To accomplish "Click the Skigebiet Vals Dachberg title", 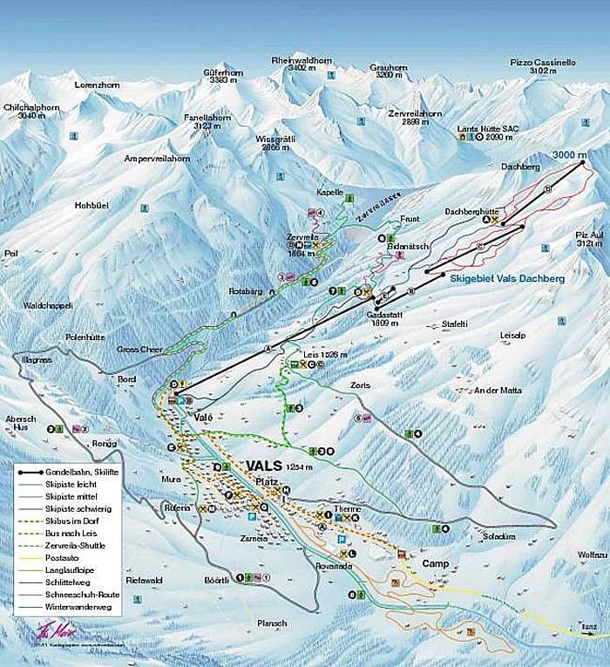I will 508,278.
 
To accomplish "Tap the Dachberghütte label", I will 471,211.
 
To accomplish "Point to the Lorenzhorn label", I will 97,86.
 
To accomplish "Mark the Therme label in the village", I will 346,508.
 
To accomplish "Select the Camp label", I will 435,564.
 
